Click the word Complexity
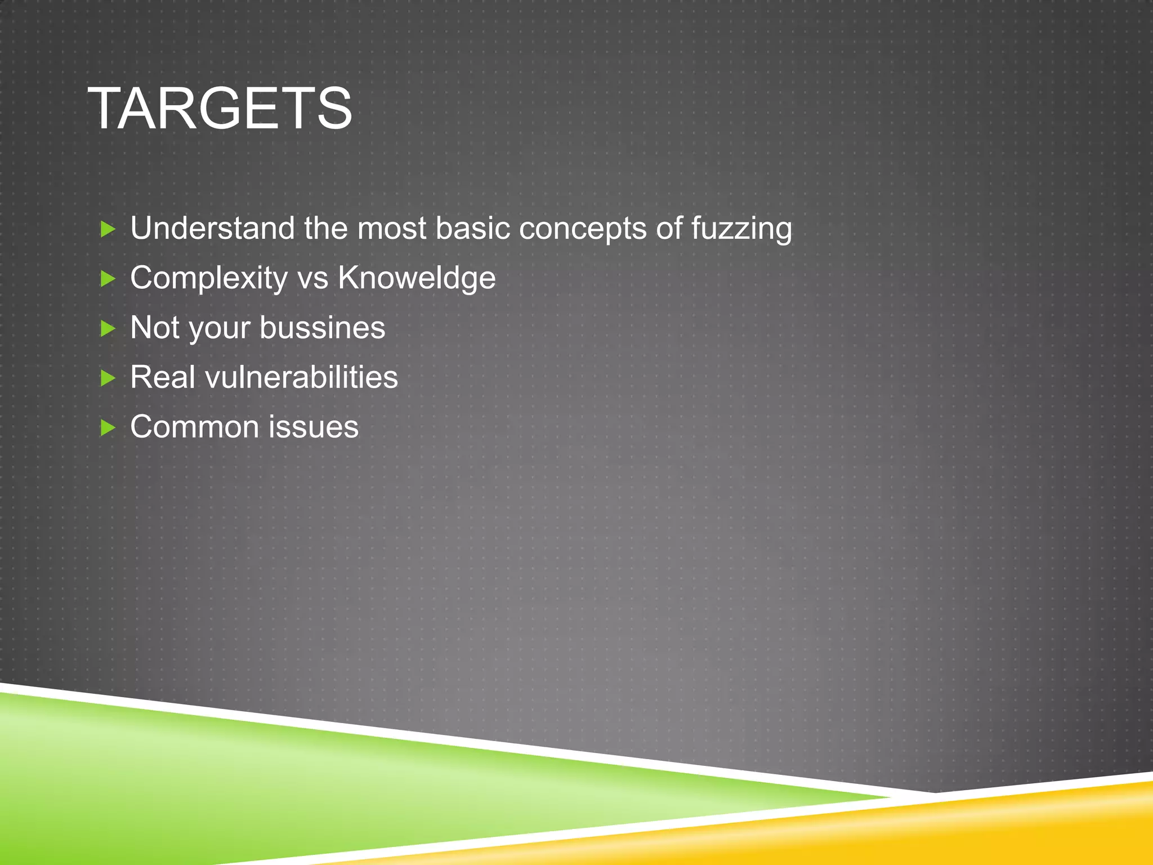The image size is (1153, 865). click(x=209, y=278)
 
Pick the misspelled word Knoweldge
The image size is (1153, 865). click(x=417, y=278)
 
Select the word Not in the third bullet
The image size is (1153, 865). click(x=155, y=327)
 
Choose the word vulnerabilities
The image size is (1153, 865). click(x=301, y=377)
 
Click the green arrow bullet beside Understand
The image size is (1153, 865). click(x=108, y=229)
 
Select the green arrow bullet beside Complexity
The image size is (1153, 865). click(x=108, y=278)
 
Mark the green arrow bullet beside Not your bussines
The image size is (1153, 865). click(x=108, y=328)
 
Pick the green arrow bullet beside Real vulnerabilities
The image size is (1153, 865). click(x=108, y=377)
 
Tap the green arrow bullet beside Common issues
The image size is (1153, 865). click(x=108, y=427)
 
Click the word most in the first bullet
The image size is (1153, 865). click(x=391, y=228)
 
